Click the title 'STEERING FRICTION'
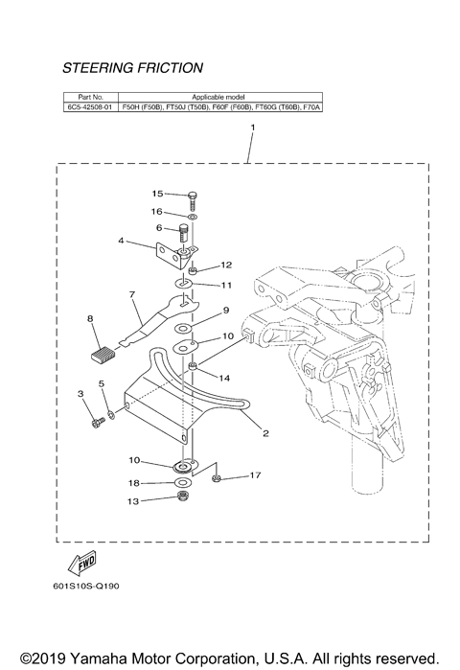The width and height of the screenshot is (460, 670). click(132, 68)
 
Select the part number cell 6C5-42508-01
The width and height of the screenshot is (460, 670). click(89, 108)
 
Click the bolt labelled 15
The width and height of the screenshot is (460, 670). click(194, 197)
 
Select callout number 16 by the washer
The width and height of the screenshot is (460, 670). click(157, 211)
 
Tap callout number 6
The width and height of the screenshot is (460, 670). click(160, 228)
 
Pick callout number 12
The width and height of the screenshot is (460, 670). click(226, 265)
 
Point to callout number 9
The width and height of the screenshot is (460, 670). click(226, 311)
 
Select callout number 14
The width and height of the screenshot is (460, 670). click(226, 379)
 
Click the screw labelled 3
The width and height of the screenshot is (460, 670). click(96, 420)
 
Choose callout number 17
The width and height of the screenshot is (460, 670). click(255, 474)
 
